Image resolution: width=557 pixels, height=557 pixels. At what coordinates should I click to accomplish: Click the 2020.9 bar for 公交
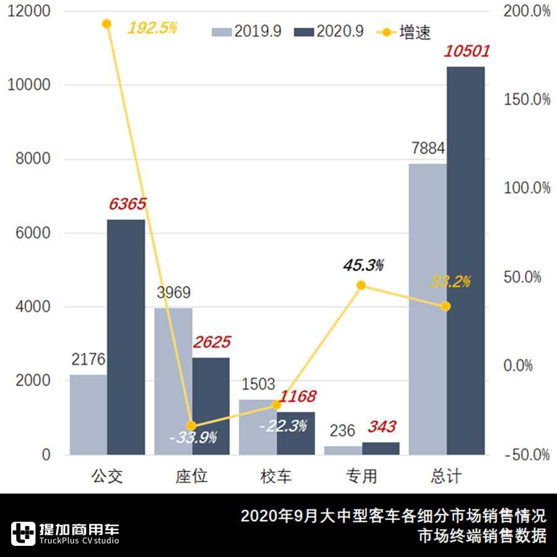click(126, 337)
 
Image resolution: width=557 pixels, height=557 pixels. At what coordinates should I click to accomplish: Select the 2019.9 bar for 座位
click(173, 381)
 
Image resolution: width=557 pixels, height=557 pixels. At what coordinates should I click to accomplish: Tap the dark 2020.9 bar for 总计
click(465, 261)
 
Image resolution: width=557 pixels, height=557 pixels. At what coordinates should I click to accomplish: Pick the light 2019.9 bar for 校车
click(258, 427)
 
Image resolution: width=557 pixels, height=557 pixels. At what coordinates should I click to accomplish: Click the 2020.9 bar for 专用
click(381, 449)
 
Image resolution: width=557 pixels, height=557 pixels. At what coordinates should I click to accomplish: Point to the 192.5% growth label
click(152, 28)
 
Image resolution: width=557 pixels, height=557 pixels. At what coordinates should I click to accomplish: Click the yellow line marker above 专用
click(361, 285)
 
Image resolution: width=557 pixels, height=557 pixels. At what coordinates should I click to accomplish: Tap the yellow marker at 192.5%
click(106, 24)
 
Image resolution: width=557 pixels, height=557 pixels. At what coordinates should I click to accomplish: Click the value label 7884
click(428, 149)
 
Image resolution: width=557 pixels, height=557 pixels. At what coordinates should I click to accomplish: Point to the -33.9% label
click(193, 438)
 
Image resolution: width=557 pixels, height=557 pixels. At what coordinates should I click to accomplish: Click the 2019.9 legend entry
click(247, 32)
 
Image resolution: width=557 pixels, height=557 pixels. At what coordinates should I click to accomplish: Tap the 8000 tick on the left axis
click(28, 159)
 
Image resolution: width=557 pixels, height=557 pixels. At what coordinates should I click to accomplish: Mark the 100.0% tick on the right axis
click(527, 188)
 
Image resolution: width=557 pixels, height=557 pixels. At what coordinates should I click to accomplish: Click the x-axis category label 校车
click(276, 476)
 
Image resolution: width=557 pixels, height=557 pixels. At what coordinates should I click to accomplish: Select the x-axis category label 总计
click(446, 476)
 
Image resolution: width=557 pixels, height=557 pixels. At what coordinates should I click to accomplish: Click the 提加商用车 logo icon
click(24, 533)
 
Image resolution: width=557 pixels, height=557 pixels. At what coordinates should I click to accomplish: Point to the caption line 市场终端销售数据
click(482, 536)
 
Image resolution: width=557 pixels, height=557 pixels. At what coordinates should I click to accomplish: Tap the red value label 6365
click(127, 204)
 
